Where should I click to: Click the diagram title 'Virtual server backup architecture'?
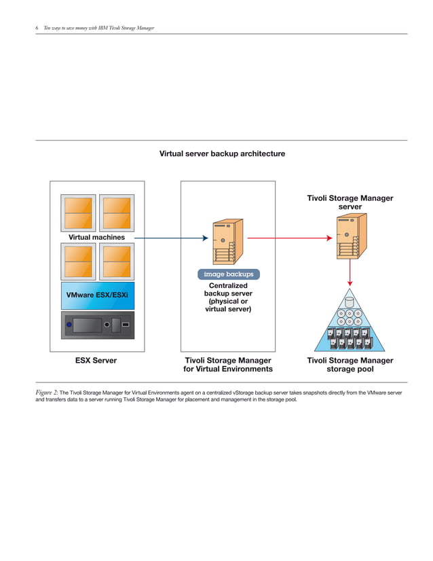click(222, 154)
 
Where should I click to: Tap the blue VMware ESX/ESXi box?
click(97, 296)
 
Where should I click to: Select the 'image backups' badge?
click(228, 274)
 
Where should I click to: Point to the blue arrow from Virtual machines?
click(170, 238)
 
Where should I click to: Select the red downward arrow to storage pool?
click(350, 272)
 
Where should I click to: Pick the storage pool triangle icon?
click(350, 323)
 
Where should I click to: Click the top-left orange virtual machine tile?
click(78, 213)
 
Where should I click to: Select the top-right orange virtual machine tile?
click(116, 213)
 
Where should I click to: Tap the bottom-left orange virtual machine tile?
click(78, 261)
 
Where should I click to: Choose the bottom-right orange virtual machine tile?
click(116, 261)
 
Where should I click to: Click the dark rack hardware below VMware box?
click(97, 325)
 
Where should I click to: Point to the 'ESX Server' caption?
click(96, 361)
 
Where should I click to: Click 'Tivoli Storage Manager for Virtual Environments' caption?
click(228, 365)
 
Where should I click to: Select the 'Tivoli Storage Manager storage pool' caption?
click(350, 365)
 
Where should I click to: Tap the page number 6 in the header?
click(37, 28)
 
